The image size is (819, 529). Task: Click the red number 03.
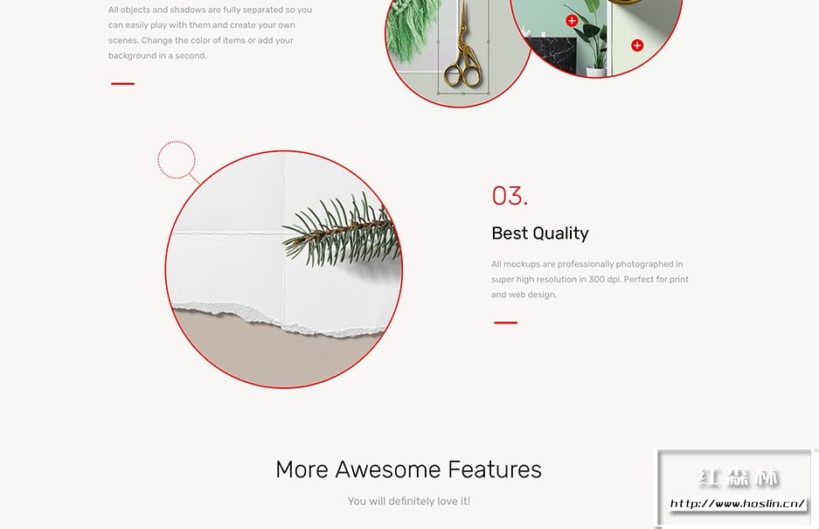510,196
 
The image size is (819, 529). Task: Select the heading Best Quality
540,233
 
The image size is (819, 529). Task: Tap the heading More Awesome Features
408,470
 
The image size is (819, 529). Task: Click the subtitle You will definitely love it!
409,501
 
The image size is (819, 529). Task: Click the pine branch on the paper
342,230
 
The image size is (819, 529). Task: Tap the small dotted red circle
177,159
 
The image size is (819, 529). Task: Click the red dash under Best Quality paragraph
505,323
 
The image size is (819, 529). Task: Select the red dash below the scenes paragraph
122,83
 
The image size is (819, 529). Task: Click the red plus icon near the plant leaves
572,20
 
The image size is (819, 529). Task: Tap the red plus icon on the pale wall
637,45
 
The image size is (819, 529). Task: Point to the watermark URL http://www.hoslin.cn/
738,504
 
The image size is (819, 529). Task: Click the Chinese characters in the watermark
738,477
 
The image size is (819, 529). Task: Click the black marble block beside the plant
551,54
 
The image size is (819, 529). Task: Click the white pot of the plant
596,71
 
